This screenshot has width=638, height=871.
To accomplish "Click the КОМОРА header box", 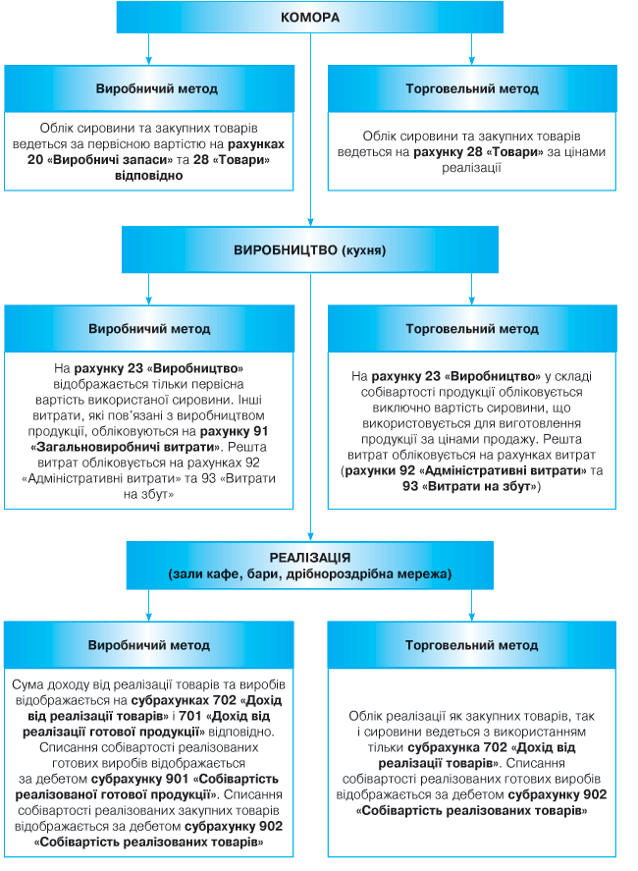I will coord(310,18).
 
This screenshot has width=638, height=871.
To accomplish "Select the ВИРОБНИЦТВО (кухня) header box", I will coord(310,250).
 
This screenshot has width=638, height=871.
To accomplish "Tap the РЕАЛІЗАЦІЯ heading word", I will coord(310,556).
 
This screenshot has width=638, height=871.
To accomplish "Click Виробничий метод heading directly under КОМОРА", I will coord(149,88).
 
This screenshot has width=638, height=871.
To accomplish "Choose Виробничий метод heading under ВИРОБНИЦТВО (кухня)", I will coord(149,330).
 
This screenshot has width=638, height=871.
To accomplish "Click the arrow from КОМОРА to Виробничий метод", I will coord(149,49).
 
